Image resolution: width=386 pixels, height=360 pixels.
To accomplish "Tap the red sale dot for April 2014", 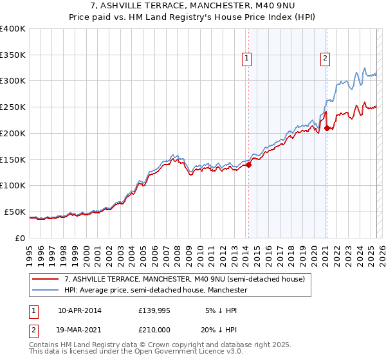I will (248, 165).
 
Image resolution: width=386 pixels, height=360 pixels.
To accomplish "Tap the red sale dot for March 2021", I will (327, 128).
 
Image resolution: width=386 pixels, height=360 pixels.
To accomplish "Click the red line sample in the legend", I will (46, 279).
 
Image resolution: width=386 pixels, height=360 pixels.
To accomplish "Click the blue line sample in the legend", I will (46, 291).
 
